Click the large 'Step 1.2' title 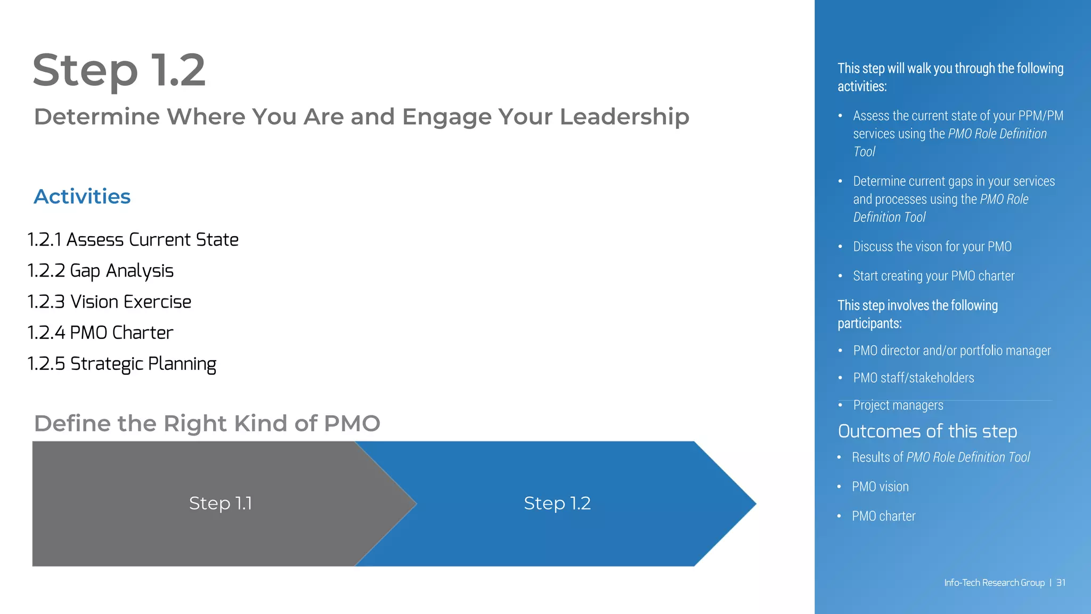pyautogui.click(x=119, y=70)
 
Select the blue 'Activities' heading pyautogui.click(x=82, y=197)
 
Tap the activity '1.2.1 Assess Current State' pyautogui.click(x=133, y=240)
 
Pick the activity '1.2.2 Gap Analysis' pyautogui.click(x=100, y=271)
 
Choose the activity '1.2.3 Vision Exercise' pyautogui.click(x=109, y=302)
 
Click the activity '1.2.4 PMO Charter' pyautogui.click(x=100, y=333)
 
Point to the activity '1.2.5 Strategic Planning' pyautogui.click(x=121, y=363)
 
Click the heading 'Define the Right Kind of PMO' pyautogui.click(x=207, y=424)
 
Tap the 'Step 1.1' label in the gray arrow pyautogui.click(x=221, y=503)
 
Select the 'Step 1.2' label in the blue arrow pyautogui.click(x=557, y=503)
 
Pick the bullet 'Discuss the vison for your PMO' pyautogui.click(x=932, y=247)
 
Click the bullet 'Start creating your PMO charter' pyautogui.click(x=933, y=276)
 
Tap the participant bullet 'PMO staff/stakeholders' pyautogui.click(x=913, y=378)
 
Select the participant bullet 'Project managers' pyautogui.click(x=898, y=406)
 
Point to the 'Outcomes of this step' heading pyautogui.click(x=927, y=431)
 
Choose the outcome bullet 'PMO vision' pyautogui.click(x=880, y=487)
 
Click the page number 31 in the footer pyautogui.click(x=1061, y=583)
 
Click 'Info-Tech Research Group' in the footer pyautogui.click(x=994, y=583)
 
